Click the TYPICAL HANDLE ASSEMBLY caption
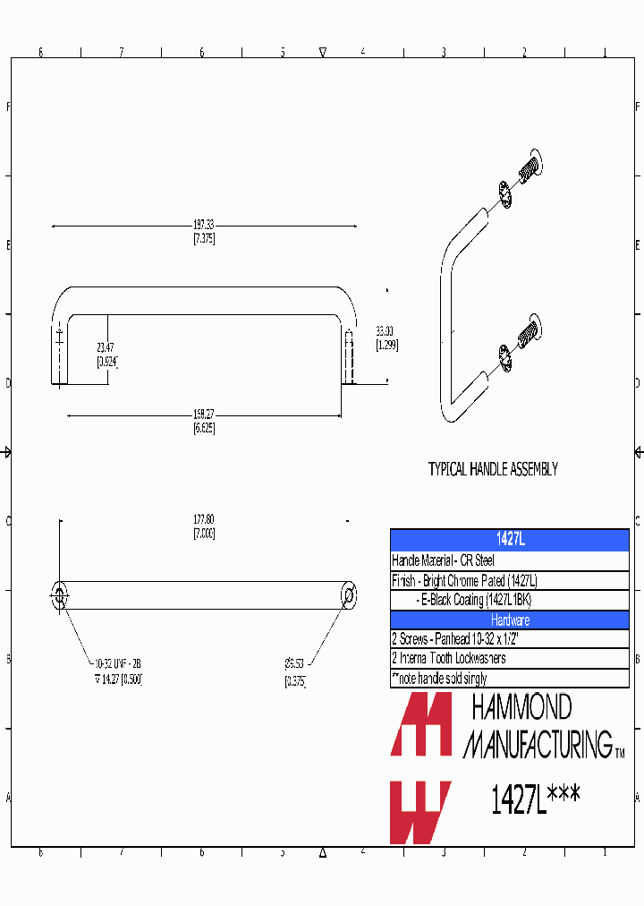click(x=493, y=469)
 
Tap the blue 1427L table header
click(x=510, y=540)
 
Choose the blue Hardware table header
click(x=510, y=620)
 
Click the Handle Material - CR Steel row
click(x=444, y=560)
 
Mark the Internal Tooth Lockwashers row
click(x=449, y=659)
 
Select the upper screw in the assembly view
click(x=530, y=164)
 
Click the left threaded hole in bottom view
click(x=60, y=594)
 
